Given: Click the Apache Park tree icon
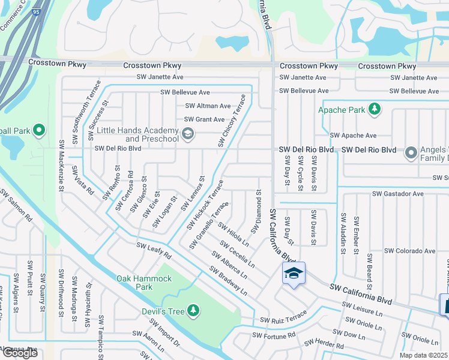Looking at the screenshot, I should point(375,109).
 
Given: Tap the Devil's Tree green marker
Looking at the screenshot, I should point(193,310).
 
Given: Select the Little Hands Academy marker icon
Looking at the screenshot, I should point(188,133).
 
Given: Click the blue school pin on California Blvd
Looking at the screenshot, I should point(294,273).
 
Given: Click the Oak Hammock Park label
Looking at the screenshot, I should point(145,283).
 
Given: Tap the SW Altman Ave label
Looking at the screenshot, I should point(208,106).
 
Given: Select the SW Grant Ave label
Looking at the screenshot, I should point(204,119).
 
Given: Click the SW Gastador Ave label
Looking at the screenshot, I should point(398,194).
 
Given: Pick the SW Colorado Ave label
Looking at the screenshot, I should point(409,251).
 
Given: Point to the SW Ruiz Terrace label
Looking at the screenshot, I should point(283,317).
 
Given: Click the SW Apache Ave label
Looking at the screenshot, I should point(353,136).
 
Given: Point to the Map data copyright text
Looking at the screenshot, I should point(424,355).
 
